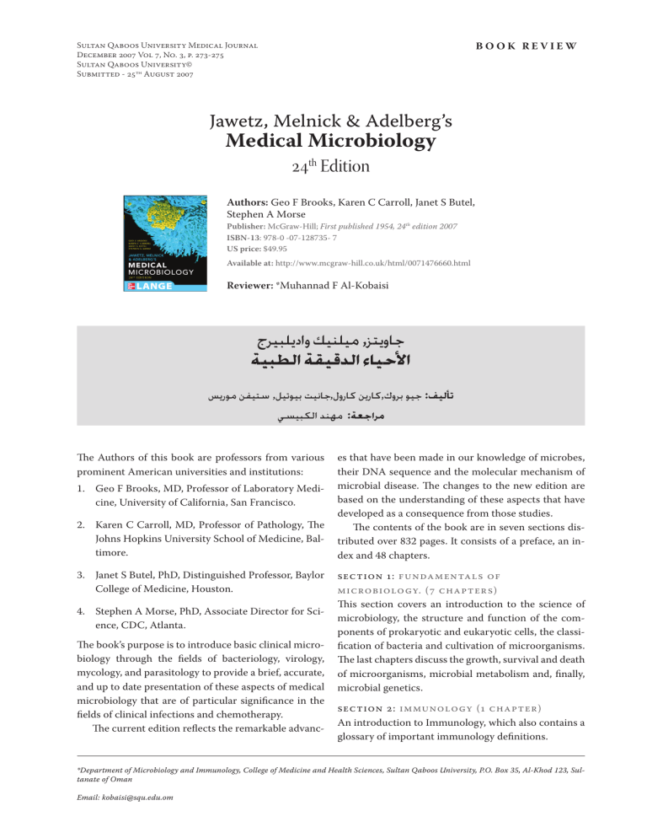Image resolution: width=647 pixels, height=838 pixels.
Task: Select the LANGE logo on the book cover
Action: [x=147, y=287]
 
